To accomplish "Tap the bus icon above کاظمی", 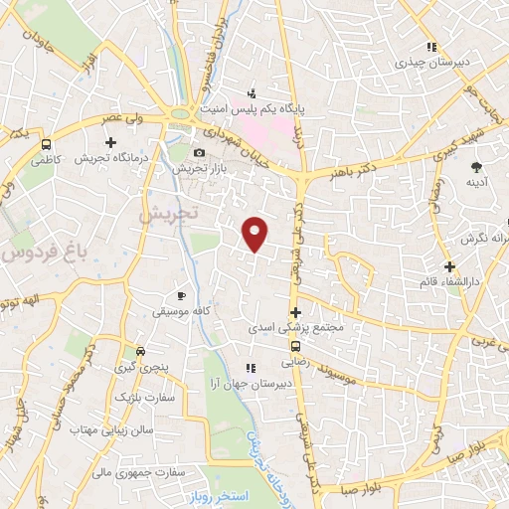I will pos(45,144).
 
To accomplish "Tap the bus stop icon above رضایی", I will pos(295,345).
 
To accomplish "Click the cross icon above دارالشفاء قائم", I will pos(450,266).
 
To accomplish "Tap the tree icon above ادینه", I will pos(475,167).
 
